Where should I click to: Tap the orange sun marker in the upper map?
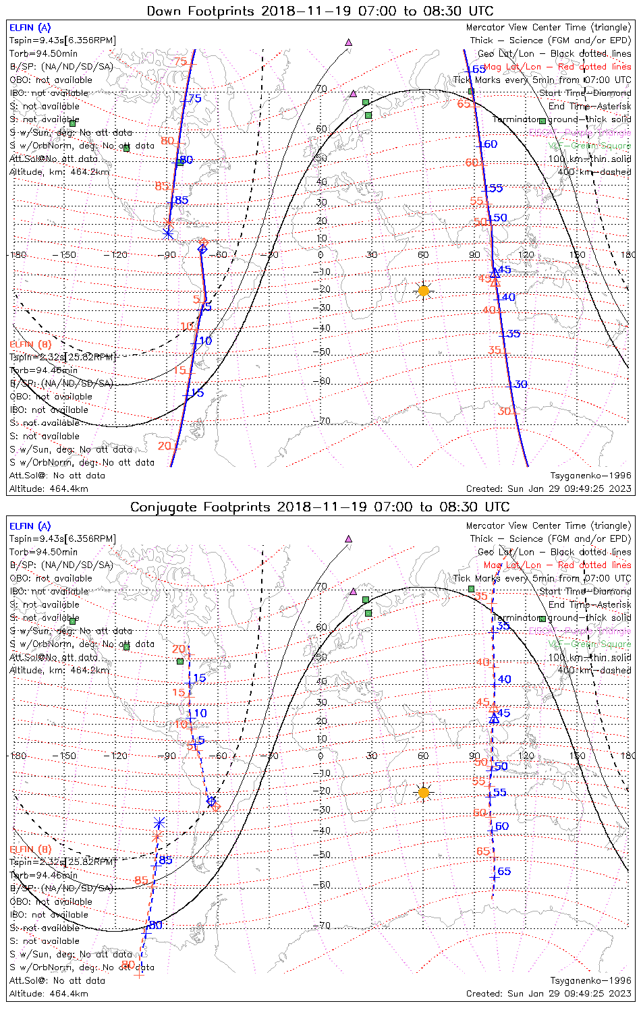(x=423, y=291)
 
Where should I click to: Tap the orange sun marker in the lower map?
(x=423, y=792)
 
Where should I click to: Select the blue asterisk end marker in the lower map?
(x=159, y=822)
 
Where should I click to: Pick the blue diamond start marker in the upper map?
(x=202, y=249)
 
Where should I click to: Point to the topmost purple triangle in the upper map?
(x=349, y=42)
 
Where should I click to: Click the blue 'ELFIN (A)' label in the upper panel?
(x=30, y=28)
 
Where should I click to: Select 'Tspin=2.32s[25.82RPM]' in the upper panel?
(x=62, y=357)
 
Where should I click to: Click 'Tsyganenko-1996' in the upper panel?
(x=590, y=476)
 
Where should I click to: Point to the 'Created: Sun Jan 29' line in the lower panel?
(x=548, y=993)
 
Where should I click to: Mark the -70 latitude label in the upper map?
(x=325, y=421)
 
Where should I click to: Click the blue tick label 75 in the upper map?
(x=194, y=99)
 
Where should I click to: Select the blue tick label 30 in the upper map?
(x=520, y=385)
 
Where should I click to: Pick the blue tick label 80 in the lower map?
(x=155, y=925)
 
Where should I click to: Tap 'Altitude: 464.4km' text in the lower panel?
(x=49, y=993)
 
